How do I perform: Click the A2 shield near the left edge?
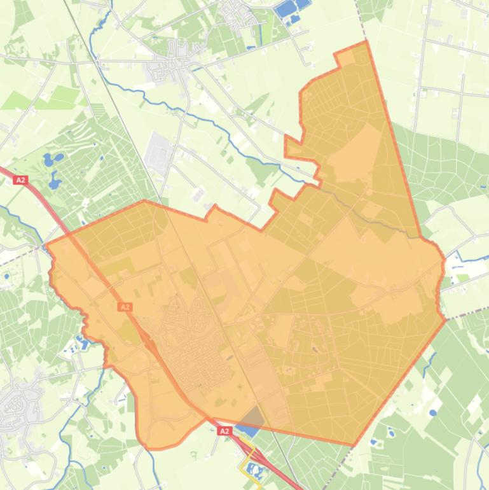coord(21,180)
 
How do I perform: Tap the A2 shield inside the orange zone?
coord(125,307)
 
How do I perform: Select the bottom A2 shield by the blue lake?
coord(224,431)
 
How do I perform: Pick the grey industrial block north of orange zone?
coord(158,153)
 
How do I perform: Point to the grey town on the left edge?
coord(14,404)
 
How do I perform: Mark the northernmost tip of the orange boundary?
coord(366,41)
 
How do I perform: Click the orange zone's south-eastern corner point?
coord(354,445)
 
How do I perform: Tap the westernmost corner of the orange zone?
coord(46,244)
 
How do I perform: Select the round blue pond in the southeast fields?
coord(433,412)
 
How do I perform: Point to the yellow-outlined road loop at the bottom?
coord(251,461)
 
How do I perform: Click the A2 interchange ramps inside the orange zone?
coord(151,344)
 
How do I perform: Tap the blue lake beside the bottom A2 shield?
coord(248,430)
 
